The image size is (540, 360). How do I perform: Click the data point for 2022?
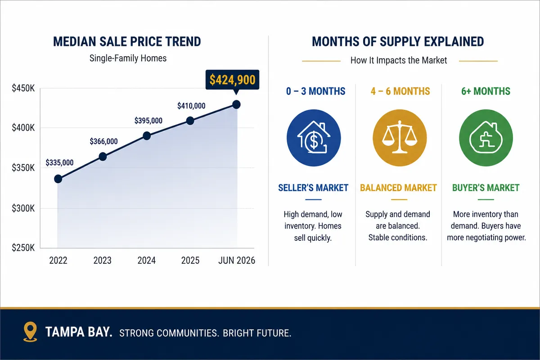pyautogui.click(x=58, y=179)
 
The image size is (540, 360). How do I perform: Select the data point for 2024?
pyautogui.click(x=147, y=136)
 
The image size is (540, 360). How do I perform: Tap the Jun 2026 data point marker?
pyautogui.click(x=236, y=104)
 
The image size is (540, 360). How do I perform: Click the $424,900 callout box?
pyautogui.click(x=232, y=80)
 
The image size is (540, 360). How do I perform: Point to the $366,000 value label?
pyautogui.click(x=103, y=141)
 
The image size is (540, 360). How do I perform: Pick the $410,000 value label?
pyautogui.click(x=191, y=106)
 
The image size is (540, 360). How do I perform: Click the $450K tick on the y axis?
pyautogui.click(x=23, y=88)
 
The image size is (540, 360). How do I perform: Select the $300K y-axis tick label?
pyautogui.click(x=23, y=208)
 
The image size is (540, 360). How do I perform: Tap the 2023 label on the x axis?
pyautogui.click(x=103, y=261)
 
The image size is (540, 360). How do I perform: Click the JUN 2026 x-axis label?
pyautogui.click(x=237, y=261)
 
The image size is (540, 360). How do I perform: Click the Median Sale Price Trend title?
pyautogui.click(x=127, y=41)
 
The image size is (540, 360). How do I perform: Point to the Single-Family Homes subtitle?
pyautogui.click(x=128, y=58)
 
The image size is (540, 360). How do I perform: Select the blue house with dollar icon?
pyautogui.click(x=314, y=138)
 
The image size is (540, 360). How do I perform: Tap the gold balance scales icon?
pyautogui.click(x=400, y=138)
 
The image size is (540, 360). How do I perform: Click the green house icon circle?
pyautogui.click(x=486, y=138)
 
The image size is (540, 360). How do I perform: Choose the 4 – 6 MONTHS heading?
pyautogui.click(x=400, y=91)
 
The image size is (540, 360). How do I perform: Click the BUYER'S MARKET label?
pyautogui.click(x=486, y=188)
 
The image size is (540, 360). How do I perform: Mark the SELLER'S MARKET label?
pyautogui.click(x=313, y=188)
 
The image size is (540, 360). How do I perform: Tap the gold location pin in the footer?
pyautogui.click(x=30, y=332)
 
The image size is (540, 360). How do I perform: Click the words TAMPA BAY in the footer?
pyautogui.click(x=79, y=332)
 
